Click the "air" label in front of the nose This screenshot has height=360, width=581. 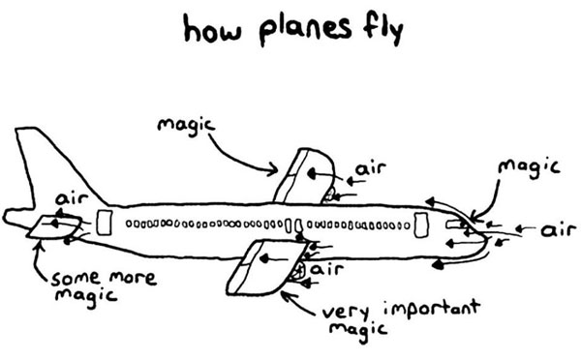coord(558,230)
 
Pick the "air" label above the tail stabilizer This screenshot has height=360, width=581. coord(72,199)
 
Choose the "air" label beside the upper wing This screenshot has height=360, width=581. coord(369,170)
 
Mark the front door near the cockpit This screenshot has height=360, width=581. coord(421,225)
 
